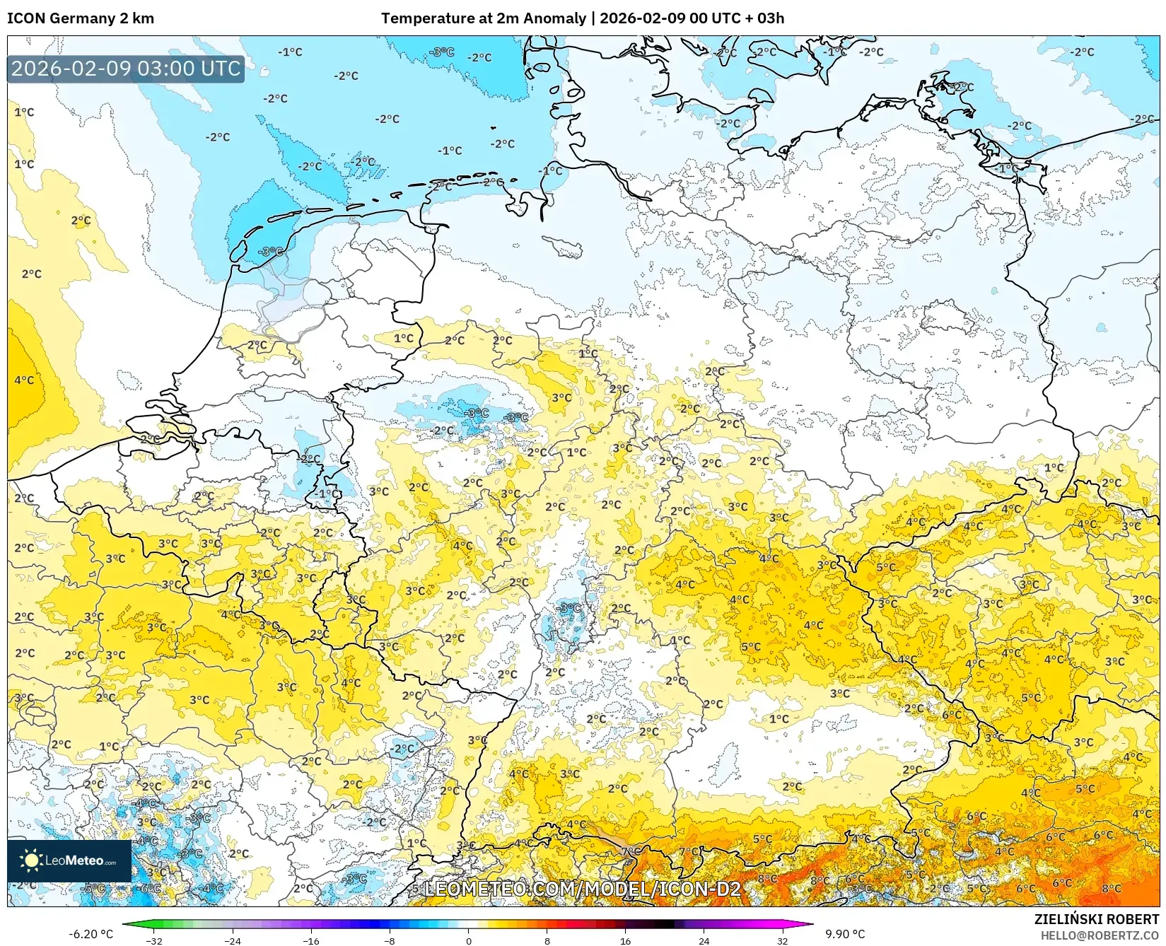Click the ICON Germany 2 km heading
click(x=80, y=18)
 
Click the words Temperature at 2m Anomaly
click(x=484, y=18)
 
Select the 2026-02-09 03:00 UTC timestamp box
click(x=126, y=69)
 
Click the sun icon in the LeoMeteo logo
click(x=30, y=860)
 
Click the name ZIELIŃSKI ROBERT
click(x=1096, y=920)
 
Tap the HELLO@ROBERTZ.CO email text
click(x=1100, y=935)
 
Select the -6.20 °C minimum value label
click(x=91, y=934)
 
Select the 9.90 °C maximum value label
click(x=845, y=934)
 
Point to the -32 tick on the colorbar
click(x=154, y=941)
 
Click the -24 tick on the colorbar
click(x=233, y=941)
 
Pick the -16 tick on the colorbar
click(x=311, y=941)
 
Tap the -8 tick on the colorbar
click(x=390, y=941)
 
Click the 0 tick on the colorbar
click(x=468, y=941)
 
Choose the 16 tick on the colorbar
click(x=625, y=941)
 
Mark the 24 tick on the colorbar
click(x=704, y=941)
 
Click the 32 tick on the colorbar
click(x=782, y=941)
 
